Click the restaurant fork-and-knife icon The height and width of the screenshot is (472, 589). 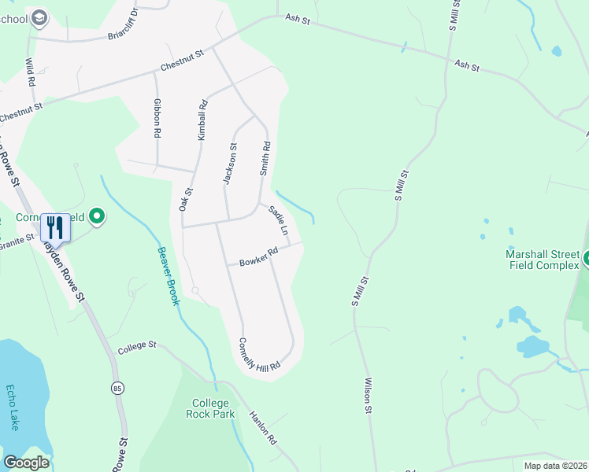click(54, 228)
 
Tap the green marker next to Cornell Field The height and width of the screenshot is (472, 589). click(97, 215)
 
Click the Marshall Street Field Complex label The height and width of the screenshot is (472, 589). click(543, 259)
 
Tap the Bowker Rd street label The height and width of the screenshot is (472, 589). click(260, 256)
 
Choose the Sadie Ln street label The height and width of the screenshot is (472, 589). click(279, 221)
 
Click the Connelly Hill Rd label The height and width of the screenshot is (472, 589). click(260, 356)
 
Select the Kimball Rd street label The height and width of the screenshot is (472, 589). click(202, 120)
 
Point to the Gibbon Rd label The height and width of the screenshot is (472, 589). click(157, 119)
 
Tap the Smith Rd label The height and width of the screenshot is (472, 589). click(265, 157)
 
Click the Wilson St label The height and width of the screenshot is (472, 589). click(367, 395)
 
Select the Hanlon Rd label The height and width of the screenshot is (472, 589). click(265, 429)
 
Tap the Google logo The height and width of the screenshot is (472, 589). click(26, 463)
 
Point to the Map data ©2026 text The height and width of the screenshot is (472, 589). click(554, 466)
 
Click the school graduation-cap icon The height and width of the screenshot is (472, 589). click(39, 18)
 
